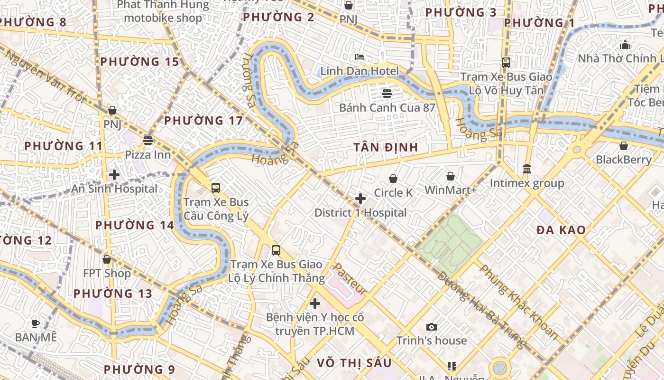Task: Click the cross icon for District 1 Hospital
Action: (360, 198)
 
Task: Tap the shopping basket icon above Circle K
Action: (393, 179)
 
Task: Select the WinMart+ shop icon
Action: (451, 177)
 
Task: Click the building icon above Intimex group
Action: (527, 169)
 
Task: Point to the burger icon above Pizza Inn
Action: (148, 141)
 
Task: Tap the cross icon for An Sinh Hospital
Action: (114, 174)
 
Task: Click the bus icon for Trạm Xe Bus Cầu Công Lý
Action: (216, 188)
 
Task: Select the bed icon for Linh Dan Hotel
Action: (360, 57)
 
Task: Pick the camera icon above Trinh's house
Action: (431, 327)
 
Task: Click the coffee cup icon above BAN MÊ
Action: (36, 323)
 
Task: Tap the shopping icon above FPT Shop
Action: (107, 259)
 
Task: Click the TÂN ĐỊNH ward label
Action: (386, 147)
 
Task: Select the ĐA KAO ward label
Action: (561, 230)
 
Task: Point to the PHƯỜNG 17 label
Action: (203, 121)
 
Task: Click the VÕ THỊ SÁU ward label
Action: (354, 363)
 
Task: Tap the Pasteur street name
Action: (350, 279)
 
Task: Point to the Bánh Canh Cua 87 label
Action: (387, 107)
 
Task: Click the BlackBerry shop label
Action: (624, 160)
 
